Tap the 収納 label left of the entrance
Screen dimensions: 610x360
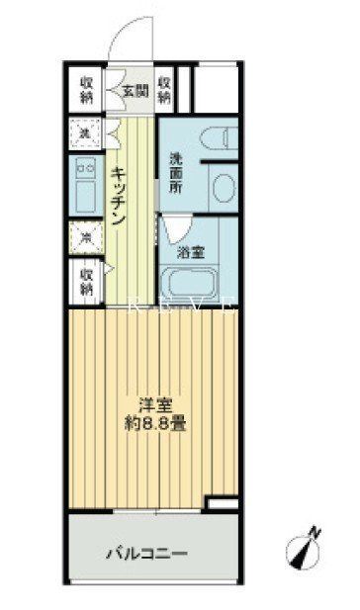(86, 91)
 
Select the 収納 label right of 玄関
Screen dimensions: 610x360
(165, 91)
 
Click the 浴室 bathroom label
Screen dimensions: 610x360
(191, 252)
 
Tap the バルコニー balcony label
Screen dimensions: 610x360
(147, 554)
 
